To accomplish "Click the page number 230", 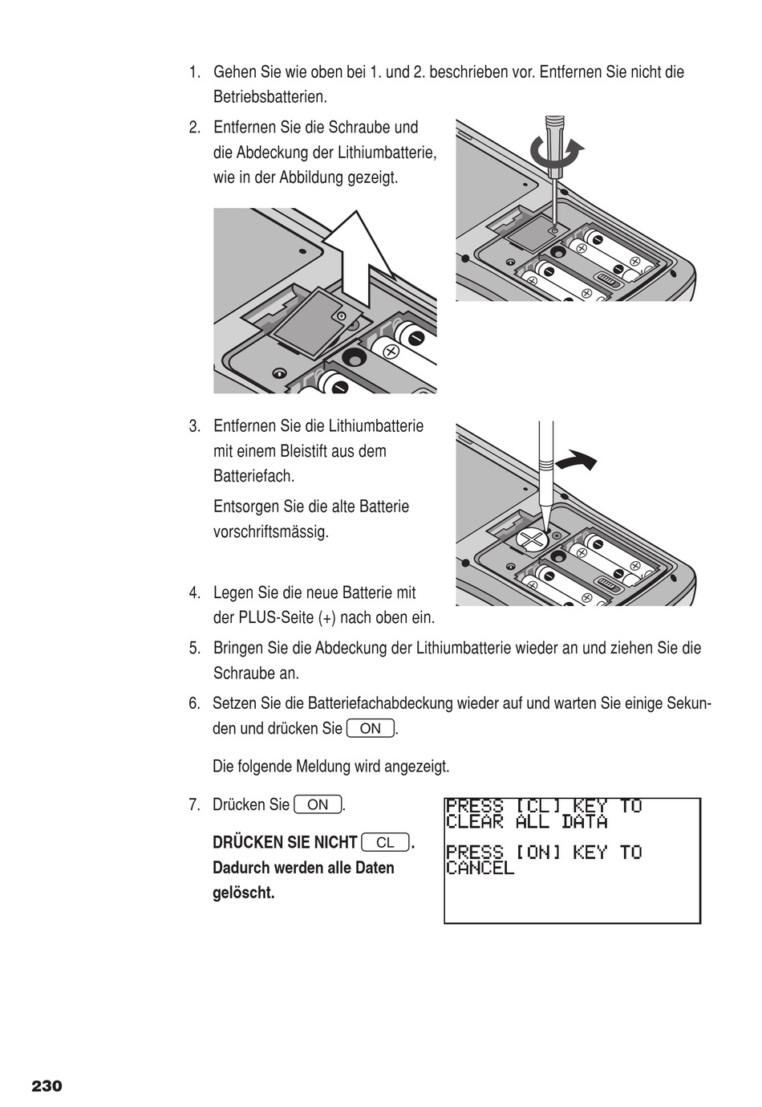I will pyautogui.click(x=47, y=1086).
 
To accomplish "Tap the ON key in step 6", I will pyautogui.click(x=371, y=729).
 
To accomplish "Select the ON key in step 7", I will pyautogui.click(x=318, y=804).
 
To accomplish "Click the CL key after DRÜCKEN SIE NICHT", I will pyautogui.click(x=385, y=842).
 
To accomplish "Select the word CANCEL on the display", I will pyautogui.click(x=480, y=868).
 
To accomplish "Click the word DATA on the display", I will pyautogui.click(x=584, y=822).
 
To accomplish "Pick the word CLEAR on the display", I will pyautogui.click(x=474, y=822).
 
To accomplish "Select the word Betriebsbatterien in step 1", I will pyautogui.click(x=270, y=97).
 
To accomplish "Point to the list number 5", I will pyautogui.click(x=194, y=648).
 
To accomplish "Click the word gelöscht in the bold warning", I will pyautogui.click(x=243, y=893).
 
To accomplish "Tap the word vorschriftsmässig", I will pyautogui.click(x=271, y=531).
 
